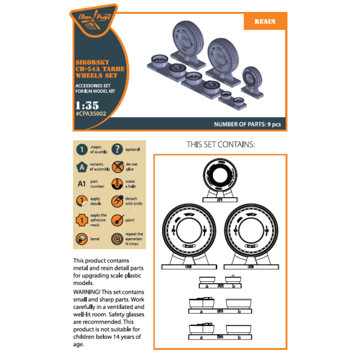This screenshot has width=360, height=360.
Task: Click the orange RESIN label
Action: (265, 21)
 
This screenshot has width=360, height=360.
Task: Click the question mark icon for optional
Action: (118, 150)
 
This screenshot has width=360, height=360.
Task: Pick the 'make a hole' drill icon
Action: (118, 184)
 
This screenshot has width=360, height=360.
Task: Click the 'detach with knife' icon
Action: (118, 202)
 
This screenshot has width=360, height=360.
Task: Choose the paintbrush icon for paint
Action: (118, 220)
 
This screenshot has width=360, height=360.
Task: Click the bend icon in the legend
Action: (80, 239)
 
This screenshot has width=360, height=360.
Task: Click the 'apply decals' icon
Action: (80, 202)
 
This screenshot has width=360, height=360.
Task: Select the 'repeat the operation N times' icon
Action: (118, 239)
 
